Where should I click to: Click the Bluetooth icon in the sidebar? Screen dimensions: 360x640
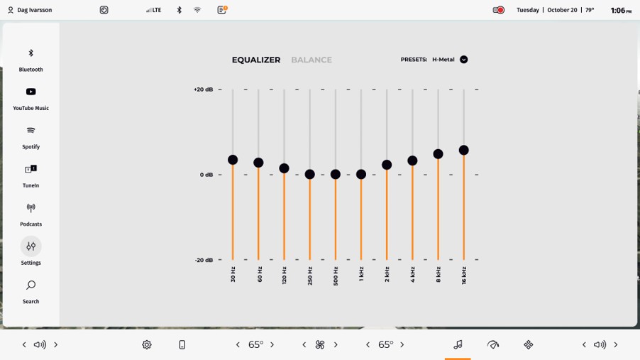(x=31, y=53)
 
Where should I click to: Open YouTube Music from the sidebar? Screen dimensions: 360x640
(x=31, y=92)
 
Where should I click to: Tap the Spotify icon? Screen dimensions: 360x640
(x=31, y=131)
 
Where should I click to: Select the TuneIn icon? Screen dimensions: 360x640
(x=31, y=169)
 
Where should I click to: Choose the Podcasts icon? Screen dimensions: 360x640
(x=31, y=208)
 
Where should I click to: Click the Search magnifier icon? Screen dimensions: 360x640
(x=31, y=285)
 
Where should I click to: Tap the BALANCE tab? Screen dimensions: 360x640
(x=311, y=60)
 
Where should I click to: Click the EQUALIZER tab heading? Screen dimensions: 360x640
(x=256, y=60)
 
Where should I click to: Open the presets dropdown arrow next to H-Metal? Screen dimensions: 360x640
(x=464, y=60)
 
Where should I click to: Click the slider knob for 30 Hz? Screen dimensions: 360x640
(x=233, y=160)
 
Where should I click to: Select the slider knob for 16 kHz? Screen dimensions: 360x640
(x=464, y=150)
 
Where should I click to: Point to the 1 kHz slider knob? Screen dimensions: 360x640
(x=361, y=174)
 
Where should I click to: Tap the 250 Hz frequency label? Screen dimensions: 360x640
(x=310, y=276)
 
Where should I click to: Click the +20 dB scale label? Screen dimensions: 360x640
(x=203, y=89)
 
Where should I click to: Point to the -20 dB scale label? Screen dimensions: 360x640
(x=204, y=260)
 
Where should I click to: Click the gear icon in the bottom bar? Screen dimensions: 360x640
(x=147, y=345)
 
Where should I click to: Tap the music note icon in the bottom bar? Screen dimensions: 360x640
(x=458, y=344)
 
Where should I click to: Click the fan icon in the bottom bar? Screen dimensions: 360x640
(x=320, y=345)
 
